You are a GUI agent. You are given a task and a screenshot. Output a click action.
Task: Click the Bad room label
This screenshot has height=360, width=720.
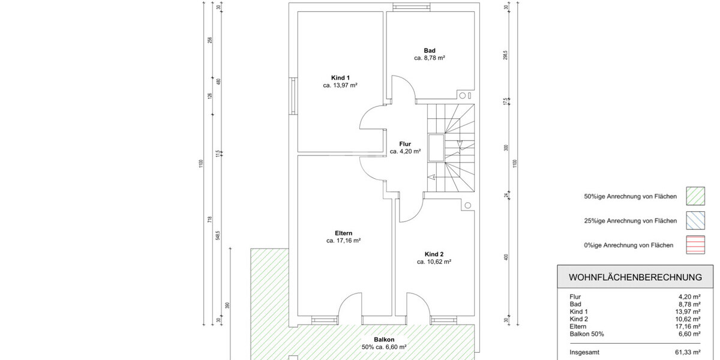(430, 50)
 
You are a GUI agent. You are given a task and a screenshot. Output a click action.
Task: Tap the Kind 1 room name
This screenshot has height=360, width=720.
(340, 77)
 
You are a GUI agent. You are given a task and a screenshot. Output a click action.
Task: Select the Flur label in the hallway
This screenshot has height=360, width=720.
(405, 144)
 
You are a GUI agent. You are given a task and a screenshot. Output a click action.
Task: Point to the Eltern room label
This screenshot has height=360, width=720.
(344, 233)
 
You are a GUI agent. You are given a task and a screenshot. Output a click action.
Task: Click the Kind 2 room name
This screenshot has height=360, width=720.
(434, 254)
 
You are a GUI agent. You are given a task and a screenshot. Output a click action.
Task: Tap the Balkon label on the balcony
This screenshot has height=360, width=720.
(384, 339)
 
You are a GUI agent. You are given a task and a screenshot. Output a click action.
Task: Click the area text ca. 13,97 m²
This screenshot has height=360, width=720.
(340, 86)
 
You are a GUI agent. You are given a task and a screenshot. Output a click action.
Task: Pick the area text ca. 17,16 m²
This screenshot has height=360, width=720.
(344, 241)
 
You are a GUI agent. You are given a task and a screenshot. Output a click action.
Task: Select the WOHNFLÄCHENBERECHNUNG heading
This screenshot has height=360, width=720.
(635, 277)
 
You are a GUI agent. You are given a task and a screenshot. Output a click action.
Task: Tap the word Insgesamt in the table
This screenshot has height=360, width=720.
(584, 352)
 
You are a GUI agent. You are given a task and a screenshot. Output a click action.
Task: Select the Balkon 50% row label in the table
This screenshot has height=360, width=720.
(587, 334)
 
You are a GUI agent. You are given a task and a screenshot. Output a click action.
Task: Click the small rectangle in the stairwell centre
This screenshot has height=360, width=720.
(436, 148)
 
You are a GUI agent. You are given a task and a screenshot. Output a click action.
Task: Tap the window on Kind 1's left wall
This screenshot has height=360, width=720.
(293, 96)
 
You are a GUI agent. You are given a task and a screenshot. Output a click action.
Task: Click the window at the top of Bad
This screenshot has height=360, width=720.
(412, 7)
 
